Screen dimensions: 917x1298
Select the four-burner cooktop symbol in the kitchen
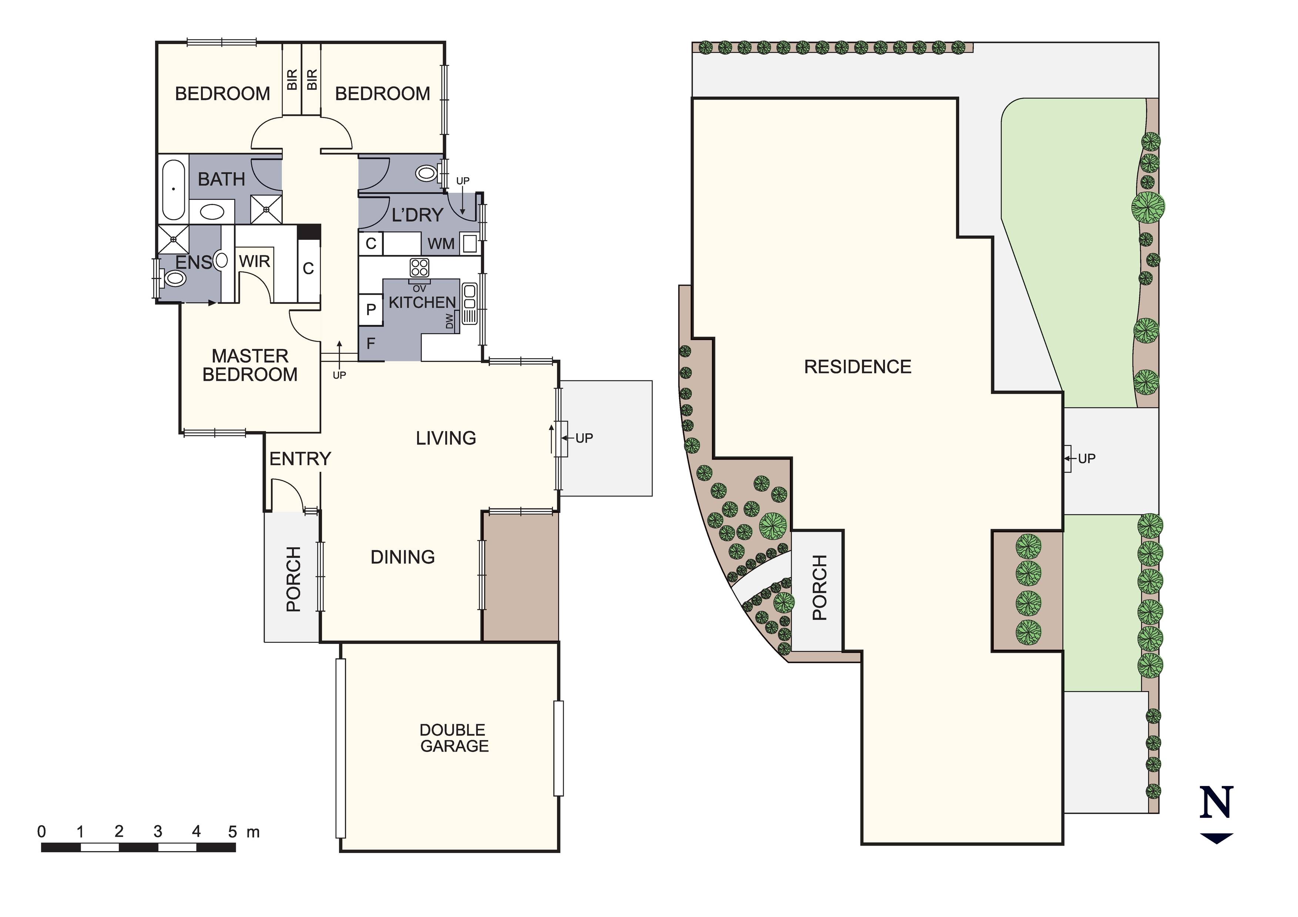(x=419, y=268)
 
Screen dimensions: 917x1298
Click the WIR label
(x=254, y=262)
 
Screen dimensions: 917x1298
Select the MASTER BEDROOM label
(x=250, y=365)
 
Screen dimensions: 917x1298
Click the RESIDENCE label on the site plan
(x=857, y=367)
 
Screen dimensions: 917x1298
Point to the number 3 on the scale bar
(x=158, y=832)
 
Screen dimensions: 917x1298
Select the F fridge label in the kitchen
(x=371, y=343)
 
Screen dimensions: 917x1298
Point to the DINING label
(x=403, y=557)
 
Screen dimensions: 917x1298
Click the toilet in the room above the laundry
(x=427, y=173)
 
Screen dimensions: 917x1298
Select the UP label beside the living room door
(x=584, y=438)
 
